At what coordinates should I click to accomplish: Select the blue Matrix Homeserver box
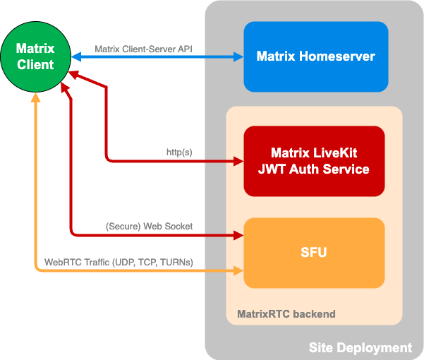pos(315,56)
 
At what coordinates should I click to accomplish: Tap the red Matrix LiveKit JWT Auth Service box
pos(314,161)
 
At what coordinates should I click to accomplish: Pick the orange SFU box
pos(314,253)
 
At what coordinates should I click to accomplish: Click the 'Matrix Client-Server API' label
pos(143,49)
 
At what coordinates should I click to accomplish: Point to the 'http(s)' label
pos(178,152)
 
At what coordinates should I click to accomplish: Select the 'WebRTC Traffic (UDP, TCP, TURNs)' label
pos(119,262)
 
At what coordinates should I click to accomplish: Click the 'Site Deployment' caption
pos(360,347)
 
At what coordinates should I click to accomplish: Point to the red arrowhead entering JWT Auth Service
pos(238,161)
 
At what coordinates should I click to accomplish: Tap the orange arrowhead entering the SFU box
pos(238,270)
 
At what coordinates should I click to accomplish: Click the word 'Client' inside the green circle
pos(36,65)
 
